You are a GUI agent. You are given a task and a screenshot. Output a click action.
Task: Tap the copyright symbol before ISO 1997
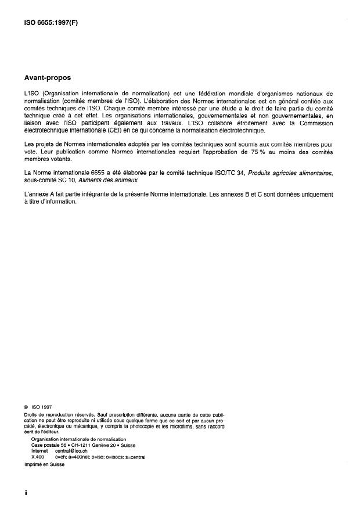click(26, 407)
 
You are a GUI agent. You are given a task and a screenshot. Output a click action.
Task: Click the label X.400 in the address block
click(38, 457)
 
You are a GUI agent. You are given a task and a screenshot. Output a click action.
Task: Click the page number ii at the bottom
click(26, 493)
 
